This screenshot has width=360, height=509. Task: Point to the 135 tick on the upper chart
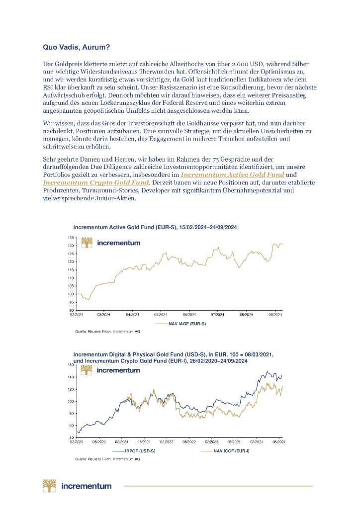(72, 238)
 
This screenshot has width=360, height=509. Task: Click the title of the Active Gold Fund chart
(155, 227)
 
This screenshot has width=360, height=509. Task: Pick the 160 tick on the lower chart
(71, 365)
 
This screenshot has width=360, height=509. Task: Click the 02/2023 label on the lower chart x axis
(211, 441)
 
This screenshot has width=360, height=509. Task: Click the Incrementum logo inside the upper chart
(110, 243)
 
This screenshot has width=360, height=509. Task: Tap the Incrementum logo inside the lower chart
(110, 370)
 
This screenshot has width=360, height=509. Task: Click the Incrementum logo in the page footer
(77, 485)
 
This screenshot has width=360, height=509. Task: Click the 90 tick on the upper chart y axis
(72, 310)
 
